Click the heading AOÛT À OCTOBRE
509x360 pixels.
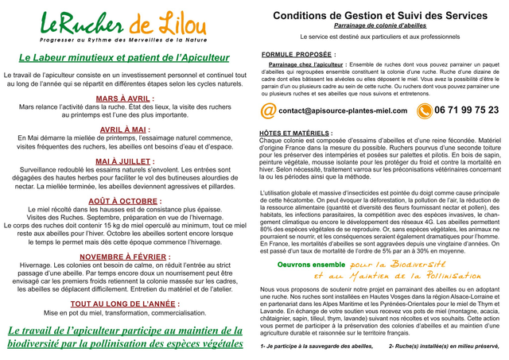(x=125, y=201)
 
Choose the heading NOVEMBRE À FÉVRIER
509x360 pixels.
(x=125, y=257)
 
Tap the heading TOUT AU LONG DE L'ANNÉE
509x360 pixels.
(x=125, y=304)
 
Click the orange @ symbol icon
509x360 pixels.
(x=269, y=110)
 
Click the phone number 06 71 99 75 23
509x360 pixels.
(x=467, y=110)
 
